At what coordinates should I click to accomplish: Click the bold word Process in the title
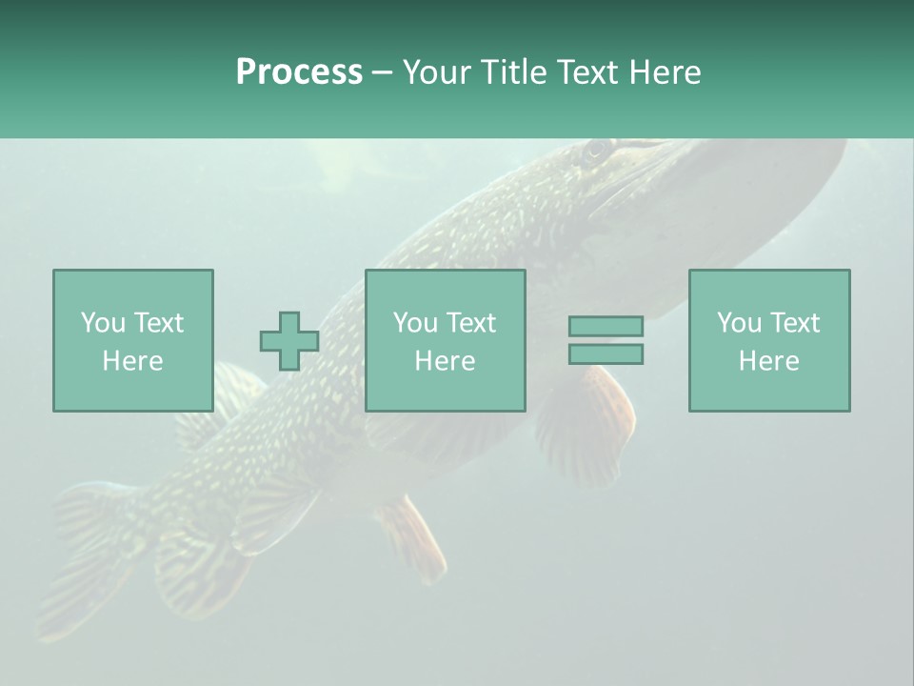click(x=299, y=72)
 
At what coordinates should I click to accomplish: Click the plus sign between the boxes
click(x=289, y=341)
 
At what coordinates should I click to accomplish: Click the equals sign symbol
click(x=606, y=340)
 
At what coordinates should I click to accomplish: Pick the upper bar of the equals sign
click(x=606, y=326)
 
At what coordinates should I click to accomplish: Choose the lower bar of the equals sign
click(x=606, y=354)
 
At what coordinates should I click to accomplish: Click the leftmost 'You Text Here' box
click(x=132, y=340)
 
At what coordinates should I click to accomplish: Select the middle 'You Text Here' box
click(x=445, y=340)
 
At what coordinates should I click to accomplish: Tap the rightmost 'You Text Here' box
click(x=768, y=340)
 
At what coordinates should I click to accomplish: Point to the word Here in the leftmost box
click(x=132, y=361)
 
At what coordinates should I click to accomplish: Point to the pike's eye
click(x=597, y=150)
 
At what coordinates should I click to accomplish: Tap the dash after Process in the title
click(x=382, y=72)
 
